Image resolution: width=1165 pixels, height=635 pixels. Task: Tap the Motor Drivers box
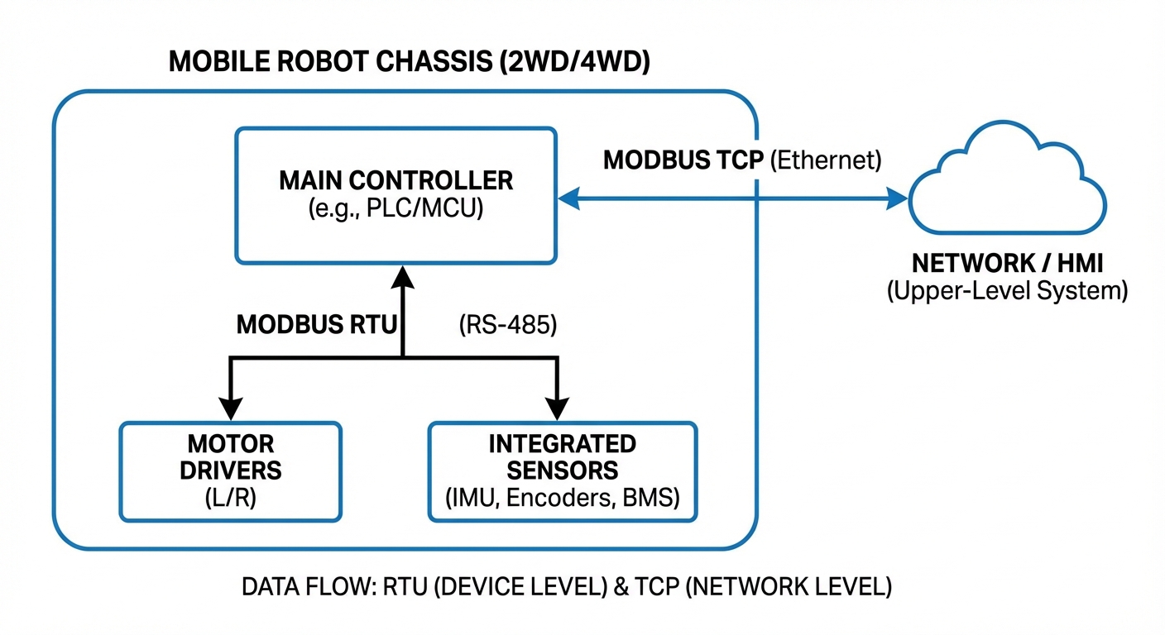[x=230, y=471]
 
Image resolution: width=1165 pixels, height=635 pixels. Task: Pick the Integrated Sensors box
[x=562, y=471]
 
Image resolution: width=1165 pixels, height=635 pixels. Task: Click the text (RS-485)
[x=507, y=325]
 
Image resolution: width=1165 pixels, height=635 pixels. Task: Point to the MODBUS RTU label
[x=318, y=325]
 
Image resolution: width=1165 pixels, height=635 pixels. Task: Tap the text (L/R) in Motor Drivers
[x=230, y=499]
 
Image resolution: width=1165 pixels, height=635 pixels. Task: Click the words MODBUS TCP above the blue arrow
[x=683, y=160]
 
